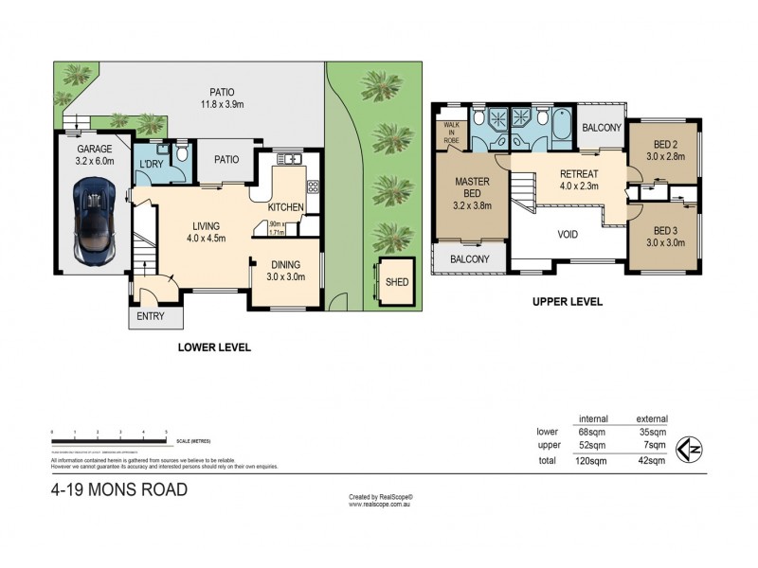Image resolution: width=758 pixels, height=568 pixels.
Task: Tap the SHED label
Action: pyautogui.click(x=396, y=281)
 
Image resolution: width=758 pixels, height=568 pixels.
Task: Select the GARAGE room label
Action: pyautogui.click(x=94, y=149)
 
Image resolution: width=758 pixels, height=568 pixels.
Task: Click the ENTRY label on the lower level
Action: pyautogui.click(x=151, y=316)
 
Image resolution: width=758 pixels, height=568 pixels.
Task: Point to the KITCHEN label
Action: pyautogui.click(x=285, y=207)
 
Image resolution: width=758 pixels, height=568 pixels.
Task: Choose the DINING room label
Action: pyautogui.click(x=284, y=267)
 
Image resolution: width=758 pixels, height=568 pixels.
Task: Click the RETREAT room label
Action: pyautogui.click(x=578, y=174)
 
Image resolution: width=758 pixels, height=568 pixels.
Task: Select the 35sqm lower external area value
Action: pyautogui.click(x=653, y=432)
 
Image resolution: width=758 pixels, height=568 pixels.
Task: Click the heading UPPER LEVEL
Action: pyautogui.click(x=568, y=302)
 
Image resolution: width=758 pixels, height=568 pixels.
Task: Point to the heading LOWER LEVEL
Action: pyautogui.click(x=215, y=347)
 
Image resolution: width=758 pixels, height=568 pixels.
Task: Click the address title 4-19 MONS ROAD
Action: pyautogui.click(x=118, y=490)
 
